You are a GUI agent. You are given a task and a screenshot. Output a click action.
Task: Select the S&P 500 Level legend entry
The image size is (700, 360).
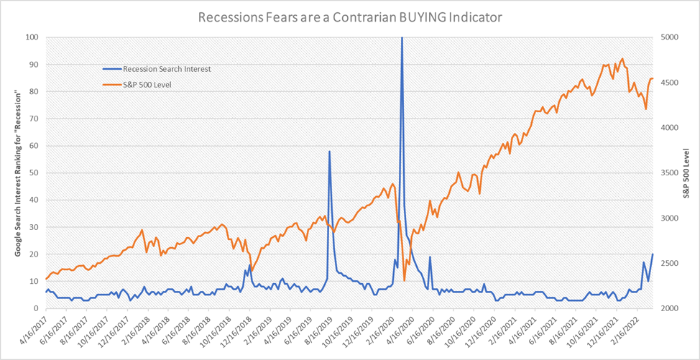point(147,84)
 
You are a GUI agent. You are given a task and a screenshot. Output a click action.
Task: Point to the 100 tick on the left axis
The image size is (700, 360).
point(33,37)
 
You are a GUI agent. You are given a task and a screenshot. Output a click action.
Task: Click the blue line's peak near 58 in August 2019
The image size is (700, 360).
point(329,151)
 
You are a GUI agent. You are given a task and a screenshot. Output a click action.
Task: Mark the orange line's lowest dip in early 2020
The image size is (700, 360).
point(405,280)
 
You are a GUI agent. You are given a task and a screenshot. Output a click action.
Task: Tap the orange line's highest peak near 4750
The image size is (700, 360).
point(622,59)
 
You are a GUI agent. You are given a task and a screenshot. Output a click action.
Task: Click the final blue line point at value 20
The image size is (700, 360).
point(653,254)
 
